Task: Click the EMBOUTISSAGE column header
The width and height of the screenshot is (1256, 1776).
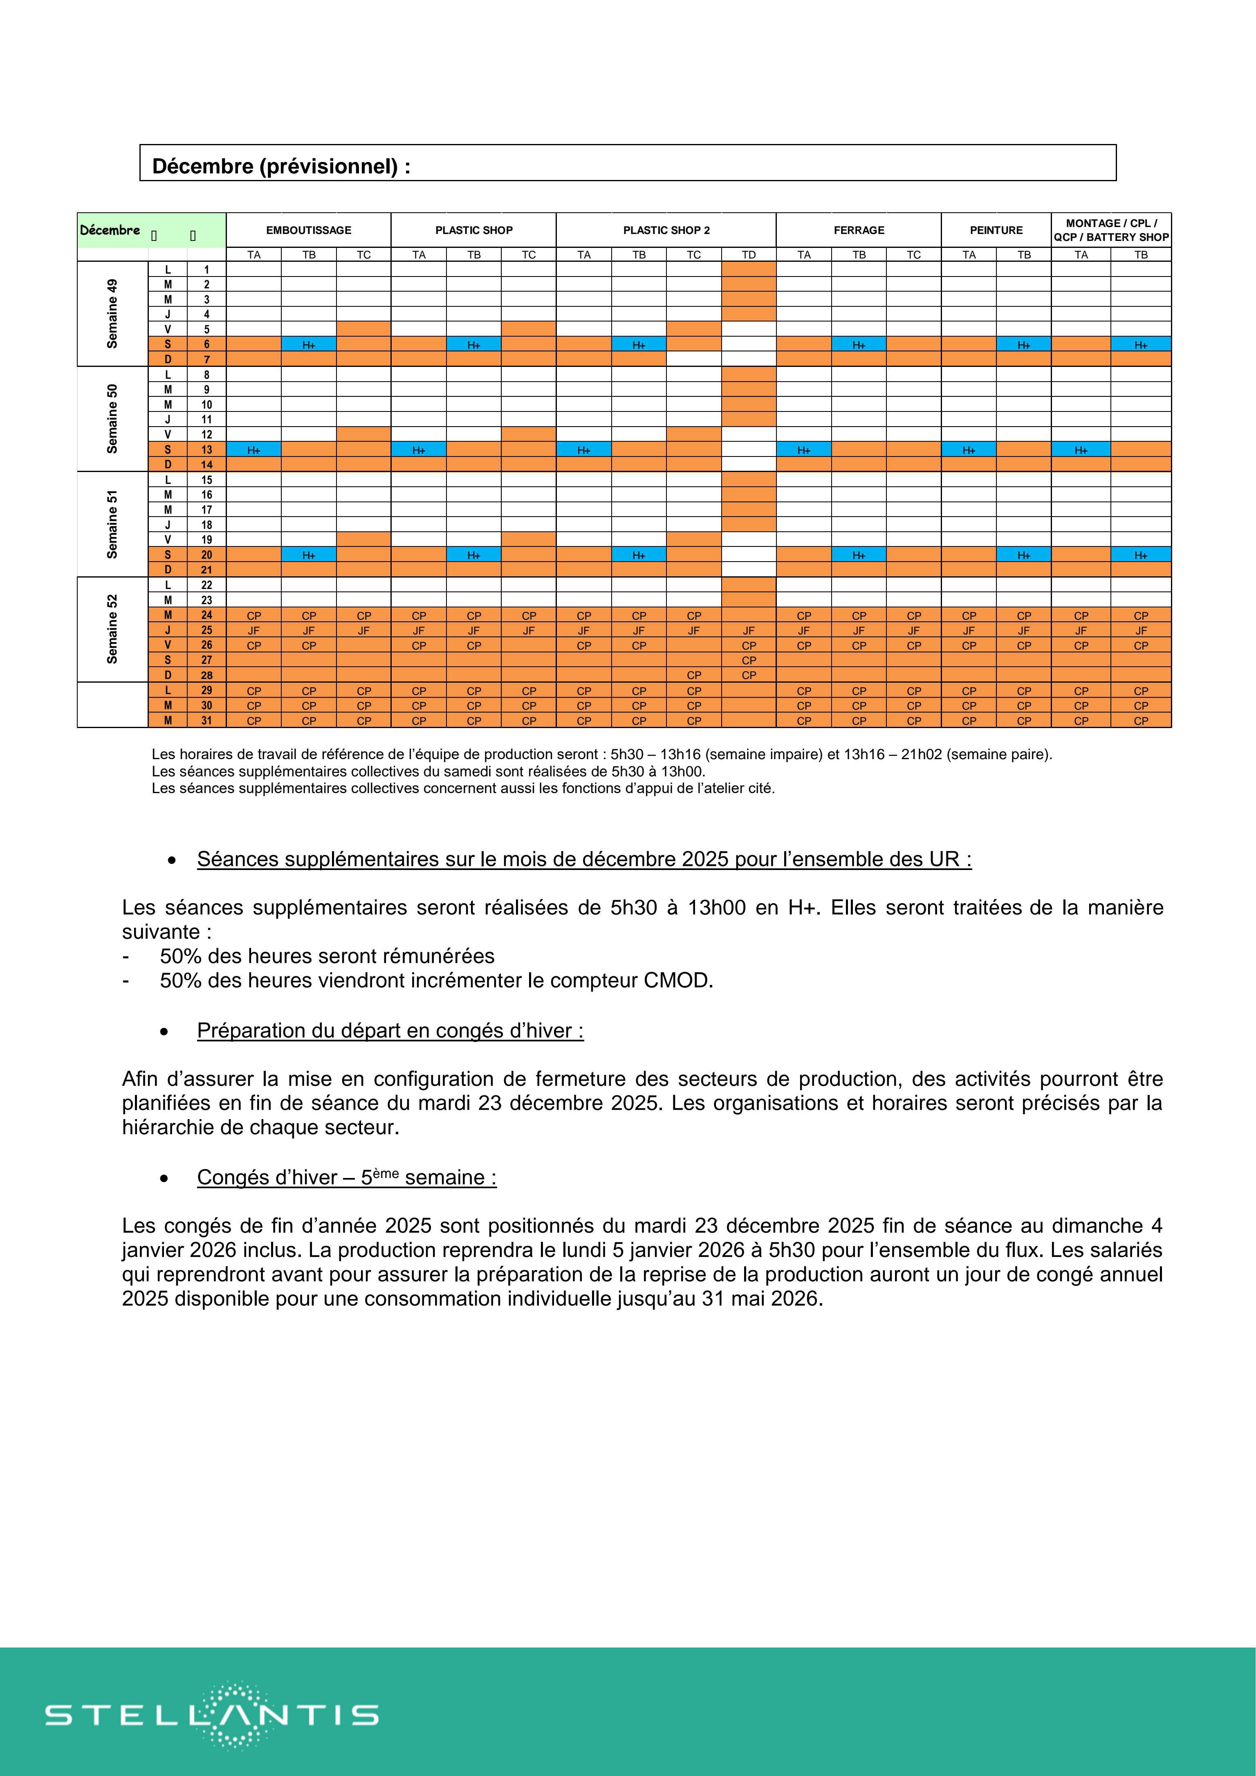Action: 309,230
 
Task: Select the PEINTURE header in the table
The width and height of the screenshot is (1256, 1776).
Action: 996,230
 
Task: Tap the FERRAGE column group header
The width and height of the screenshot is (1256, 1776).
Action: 859,230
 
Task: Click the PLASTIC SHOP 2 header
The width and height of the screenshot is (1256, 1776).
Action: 666,230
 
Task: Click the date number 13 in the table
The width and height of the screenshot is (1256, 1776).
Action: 206,450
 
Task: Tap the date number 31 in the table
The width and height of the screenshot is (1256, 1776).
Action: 206,720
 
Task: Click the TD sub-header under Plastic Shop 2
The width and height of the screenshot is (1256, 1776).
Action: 749,254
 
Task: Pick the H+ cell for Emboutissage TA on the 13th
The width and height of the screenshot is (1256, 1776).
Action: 253,450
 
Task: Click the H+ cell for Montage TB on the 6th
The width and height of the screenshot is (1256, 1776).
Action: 1141,345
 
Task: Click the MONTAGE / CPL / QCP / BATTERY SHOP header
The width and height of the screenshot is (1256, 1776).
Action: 1111,230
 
